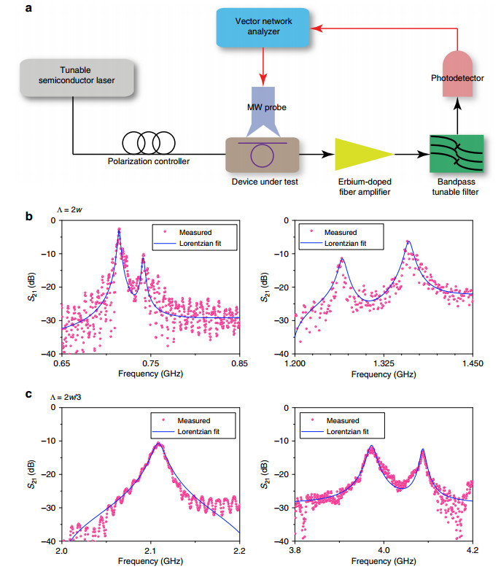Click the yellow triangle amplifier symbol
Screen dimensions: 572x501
pos(362,155)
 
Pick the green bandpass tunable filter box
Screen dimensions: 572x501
pos(455,154)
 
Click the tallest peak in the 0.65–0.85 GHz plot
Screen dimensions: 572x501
pos(119,230)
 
